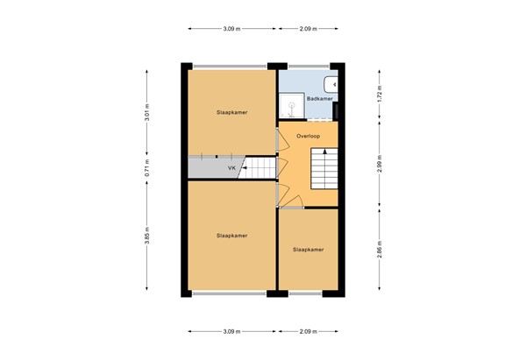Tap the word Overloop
click(x=308, y=137)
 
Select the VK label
click(x=231, y=167)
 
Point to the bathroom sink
click(x=331, y=83)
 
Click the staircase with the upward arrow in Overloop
click(x=324, y=167)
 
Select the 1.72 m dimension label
click(x=379, y=94)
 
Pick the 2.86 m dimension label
click(x=379, y=250)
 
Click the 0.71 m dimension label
click(x=147, y=166)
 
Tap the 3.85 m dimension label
click(x=147, y=236)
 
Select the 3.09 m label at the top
click(x=231, y=29)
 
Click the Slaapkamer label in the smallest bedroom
click(x=308, y=250)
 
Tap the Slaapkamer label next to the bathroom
click(x=231, y=112)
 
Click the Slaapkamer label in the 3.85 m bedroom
click(x=231, y=236)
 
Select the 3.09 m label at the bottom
click(x=231, y=332)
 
